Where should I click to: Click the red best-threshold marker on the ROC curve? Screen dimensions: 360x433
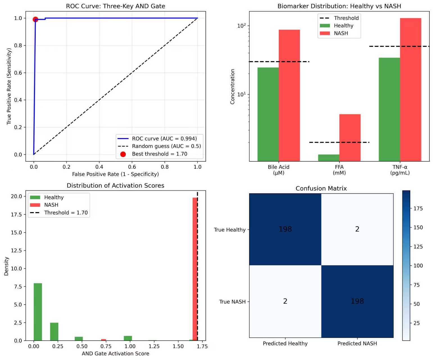click(35, 19)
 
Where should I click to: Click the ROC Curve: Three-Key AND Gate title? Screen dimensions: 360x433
click(115, 6)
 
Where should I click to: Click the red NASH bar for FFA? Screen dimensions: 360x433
click(350, 138)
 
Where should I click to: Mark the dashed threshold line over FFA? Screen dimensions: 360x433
click(339, 142)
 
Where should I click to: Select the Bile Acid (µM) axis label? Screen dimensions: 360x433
click(278, 170)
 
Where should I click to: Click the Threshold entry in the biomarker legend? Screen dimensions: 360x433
click(346, 18)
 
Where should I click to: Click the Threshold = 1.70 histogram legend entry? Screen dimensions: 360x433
click(66, 213)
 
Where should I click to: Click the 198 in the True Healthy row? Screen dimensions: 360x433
click(285, 229)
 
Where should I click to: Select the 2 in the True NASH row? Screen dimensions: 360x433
click(285, 301)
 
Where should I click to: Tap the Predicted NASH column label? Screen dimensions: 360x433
click(357, 343)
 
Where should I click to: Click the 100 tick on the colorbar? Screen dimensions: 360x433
click(418, 266)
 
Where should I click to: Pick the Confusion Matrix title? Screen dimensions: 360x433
click(321, 188)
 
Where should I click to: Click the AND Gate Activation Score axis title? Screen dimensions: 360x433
click(115, 354)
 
